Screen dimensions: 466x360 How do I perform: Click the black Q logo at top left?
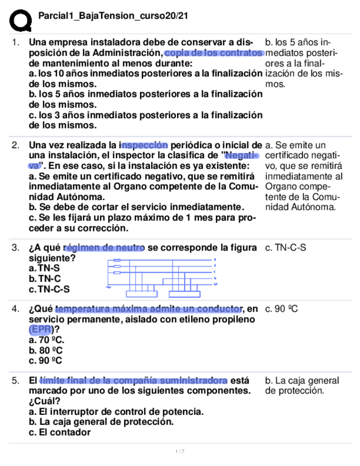[x=20, y=20]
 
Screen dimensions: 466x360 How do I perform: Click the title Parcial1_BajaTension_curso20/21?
[x=113, y=16]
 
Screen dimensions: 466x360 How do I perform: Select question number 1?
[x=16, y=42]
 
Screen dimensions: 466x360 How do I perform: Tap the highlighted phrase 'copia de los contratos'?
[x=213, y=53]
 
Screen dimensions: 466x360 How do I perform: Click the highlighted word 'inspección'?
[x=144, y=145]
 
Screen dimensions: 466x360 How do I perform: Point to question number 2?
[x=16, y=145]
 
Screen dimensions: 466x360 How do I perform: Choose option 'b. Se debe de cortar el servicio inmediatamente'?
[x=136, y=207]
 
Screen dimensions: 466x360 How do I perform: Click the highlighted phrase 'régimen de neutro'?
[x=104, y=248]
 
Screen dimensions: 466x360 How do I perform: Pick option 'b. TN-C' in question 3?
[x=44, y=279]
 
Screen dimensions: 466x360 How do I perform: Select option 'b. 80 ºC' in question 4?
[x=46, y=350]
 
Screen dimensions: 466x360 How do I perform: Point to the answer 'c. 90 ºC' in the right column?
[x=281, y=309]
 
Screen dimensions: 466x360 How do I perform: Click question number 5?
[x=16, y=380]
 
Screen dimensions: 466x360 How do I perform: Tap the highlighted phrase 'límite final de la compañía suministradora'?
[x=134, y=380]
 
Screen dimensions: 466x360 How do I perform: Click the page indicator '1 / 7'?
[x=180, y=452]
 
